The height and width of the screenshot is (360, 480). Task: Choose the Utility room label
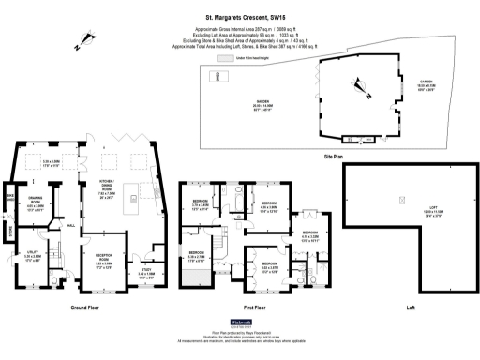[x=30, y=255]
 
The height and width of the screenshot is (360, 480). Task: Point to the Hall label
[x=71, y=225]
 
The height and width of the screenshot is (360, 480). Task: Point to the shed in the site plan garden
[x=218, y=76]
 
